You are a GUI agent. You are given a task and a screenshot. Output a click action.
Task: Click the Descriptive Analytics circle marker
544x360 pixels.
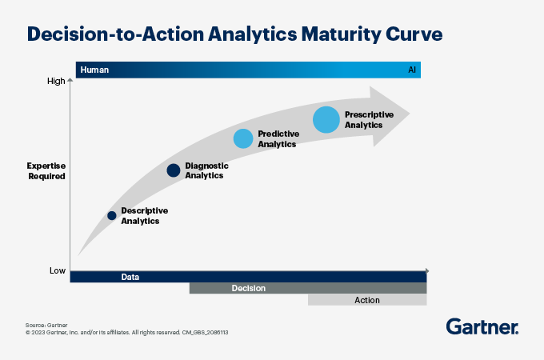[112, 216]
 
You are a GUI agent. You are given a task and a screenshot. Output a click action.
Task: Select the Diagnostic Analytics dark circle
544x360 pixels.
[174, 170]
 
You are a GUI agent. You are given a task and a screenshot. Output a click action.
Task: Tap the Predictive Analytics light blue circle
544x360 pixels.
[243, 138]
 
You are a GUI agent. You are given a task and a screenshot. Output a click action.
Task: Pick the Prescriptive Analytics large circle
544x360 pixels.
[326, 120]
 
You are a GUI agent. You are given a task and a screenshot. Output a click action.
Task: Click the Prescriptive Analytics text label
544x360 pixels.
[369, 120]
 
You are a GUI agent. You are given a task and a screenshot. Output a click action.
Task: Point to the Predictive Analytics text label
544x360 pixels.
[278, 138]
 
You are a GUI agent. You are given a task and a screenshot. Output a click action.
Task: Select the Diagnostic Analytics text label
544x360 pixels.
[206, 170]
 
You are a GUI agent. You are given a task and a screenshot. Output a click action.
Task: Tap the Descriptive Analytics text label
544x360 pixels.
[145, 216]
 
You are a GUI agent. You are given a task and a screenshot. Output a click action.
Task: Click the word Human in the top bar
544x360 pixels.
[94, 70]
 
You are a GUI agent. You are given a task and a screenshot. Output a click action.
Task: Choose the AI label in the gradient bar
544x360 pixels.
[412, 70]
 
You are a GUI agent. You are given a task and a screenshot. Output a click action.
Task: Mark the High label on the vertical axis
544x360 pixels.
[56, 81]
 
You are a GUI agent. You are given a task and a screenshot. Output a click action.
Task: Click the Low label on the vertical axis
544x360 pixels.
[58, 270]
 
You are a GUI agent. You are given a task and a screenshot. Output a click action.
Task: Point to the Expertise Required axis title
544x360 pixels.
[46, 171]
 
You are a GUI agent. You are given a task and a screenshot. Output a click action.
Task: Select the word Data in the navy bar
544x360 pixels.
[130, 277]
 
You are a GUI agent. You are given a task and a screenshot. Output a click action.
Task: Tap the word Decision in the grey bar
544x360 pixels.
[249, 288]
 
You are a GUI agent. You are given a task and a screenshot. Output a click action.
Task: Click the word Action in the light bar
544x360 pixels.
[367, 300]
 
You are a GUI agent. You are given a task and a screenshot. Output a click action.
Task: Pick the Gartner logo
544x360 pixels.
[482, 326]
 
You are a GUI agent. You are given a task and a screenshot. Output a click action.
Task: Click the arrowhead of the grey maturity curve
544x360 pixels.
[390, 116]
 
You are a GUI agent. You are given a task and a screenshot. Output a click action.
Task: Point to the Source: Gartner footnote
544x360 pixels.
[46, 326]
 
